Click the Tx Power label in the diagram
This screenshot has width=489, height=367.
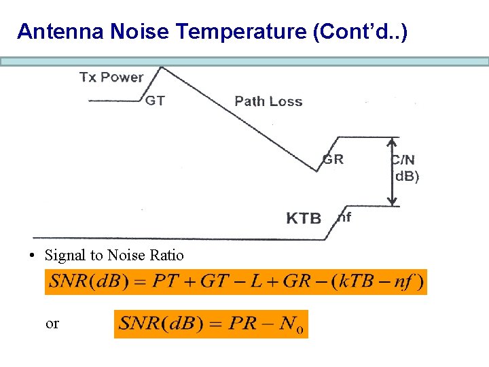pyautogui.click(x=111, y=77)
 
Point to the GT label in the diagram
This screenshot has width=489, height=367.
pyautogui.click(x=155, y=101)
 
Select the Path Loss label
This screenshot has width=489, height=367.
pyautogui.click(x=268, y=101)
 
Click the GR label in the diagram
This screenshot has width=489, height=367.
pyautogui.click(x=333, y=160)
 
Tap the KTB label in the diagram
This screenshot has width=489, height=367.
pyautogui.click(x=304, y=218)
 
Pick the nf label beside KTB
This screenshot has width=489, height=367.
pyautogui.click(x=344, y=217)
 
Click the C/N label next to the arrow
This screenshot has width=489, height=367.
pyautogui.click(x=403, y=160)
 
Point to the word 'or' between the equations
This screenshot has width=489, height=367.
pyautogui.click(x=52, y=324)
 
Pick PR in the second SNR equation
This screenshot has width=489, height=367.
pyautogui.click(x=244, y=323)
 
